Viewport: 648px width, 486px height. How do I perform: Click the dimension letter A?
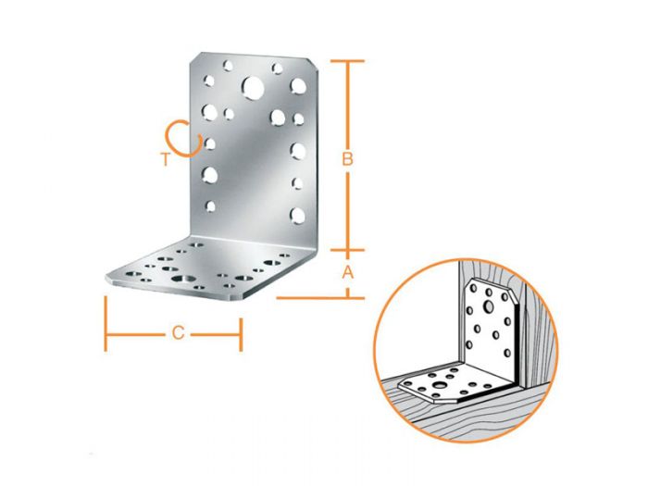click(347, 272)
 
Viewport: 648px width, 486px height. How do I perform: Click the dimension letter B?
click(347, 159)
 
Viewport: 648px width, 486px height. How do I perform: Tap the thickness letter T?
click(165, 159)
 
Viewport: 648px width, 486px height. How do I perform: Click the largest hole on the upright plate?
click(251, 88)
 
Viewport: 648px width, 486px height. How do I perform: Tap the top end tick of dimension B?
click(347, 61)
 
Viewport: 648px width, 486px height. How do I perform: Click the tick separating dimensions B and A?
click(347, 249)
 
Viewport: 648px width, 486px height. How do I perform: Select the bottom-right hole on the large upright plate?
click(296, 215)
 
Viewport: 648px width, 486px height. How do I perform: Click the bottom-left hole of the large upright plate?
click(210, 206)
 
